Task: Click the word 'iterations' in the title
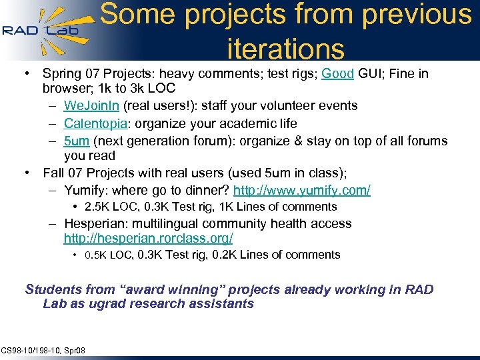click(x=286, y=48)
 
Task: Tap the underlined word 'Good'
click(x=337, y=74)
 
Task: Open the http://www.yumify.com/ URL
click(x=301, y=191)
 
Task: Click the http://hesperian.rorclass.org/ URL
click(x=148, y=238)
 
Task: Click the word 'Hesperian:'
click(x=97, y=224)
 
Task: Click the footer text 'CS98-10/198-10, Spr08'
click(x=43, y=350)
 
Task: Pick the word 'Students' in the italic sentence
click(x=53, y=290)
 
